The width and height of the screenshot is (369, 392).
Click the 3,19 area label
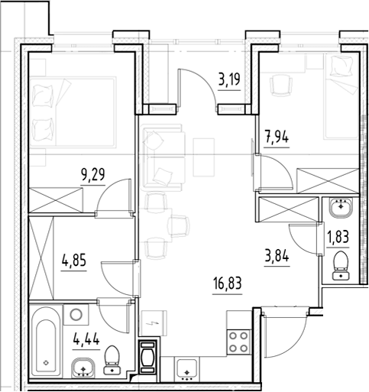(229, 80)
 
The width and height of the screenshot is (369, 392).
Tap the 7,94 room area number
(277, 138)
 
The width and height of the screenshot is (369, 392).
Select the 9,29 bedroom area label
(92, 175)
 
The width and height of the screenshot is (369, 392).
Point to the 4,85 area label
(74, 261)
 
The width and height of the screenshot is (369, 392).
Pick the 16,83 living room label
(227, 284)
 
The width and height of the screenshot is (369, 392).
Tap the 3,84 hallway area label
(277, 257)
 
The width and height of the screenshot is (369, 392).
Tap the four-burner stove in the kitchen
(238, 342)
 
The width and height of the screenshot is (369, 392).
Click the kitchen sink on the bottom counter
(186, 368)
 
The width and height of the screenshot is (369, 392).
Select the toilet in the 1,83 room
(341, 265)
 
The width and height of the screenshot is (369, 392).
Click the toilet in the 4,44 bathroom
(112, 360)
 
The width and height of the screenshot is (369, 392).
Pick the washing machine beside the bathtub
(76, 315)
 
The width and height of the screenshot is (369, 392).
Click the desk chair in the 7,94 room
(282, 86)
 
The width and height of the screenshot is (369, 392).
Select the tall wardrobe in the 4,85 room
(41, 258)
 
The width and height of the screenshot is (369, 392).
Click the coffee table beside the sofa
(203, 157)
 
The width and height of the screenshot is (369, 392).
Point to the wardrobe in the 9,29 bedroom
(56, 200)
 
